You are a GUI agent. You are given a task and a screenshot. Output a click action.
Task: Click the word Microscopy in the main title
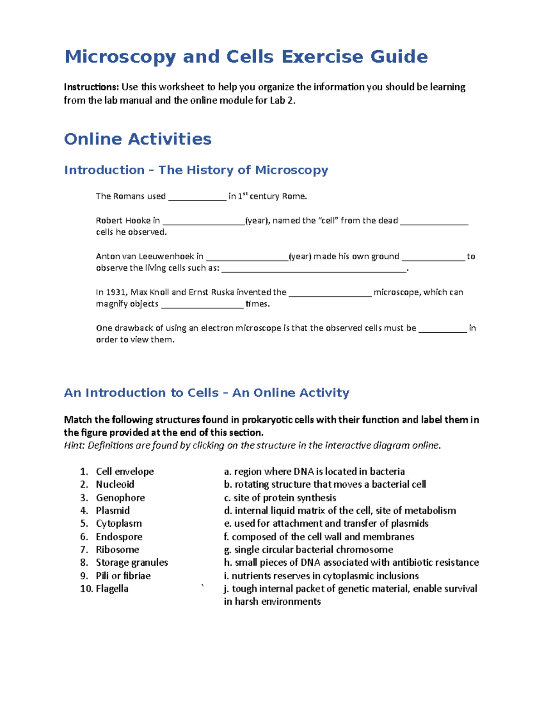click(120, 57)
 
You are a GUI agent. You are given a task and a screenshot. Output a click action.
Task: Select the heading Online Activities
click(138, 139)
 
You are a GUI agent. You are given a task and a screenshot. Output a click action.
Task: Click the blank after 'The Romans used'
click(197, 197)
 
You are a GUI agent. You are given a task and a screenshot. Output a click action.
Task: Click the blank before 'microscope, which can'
click(330, 293)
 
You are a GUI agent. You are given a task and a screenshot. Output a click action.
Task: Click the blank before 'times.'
click(202, 305)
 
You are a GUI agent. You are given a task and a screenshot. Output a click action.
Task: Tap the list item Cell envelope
click(125, 471)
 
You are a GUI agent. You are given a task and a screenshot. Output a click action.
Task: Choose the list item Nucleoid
click(115, 484)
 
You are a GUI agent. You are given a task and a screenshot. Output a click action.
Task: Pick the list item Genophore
click(120, 498)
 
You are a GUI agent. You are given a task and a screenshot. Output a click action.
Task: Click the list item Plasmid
click(113, 510)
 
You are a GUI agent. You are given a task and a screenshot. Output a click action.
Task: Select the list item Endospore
click(119, 537)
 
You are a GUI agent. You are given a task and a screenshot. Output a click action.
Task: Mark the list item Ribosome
click(117, 549)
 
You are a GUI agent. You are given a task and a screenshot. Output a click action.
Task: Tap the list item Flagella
click(112, 589)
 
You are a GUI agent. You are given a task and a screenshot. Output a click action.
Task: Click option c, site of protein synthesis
click(280, 498)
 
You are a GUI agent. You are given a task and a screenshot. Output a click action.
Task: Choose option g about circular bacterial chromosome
click(308, 549)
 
